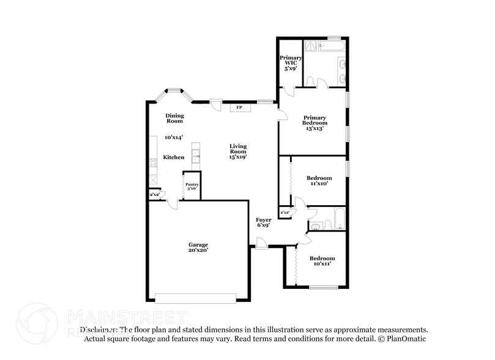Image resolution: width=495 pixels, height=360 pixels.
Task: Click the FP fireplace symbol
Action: point(240,108)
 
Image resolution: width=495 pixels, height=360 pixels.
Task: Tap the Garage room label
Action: point(198,244)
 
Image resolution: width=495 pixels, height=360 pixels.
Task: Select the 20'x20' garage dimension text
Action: point(198,251)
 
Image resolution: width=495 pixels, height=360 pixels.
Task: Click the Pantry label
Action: point(192,184)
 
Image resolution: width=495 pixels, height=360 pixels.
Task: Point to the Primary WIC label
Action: point(291,61)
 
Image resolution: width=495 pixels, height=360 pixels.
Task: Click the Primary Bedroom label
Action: point(314,120)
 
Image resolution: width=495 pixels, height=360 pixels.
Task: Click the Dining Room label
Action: point(174,118)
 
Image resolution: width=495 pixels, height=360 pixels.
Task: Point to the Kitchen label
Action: point(174,157)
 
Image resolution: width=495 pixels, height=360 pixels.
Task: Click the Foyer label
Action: point(264,219)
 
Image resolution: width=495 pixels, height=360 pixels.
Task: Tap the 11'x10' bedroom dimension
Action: point(319,183)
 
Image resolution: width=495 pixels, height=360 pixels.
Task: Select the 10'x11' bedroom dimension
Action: point(322,264)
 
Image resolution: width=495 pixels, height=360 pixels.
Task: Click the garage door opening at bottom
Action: point(196,298)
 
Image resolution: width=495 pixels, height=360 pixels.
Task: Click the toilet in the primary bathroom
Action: point(310,81)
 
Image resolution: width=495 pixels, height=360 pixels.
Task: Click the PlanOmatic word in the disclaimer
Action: point(405,339)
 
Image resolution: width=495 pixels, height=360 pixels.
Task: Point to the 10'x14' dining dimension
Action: point(174,138)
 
